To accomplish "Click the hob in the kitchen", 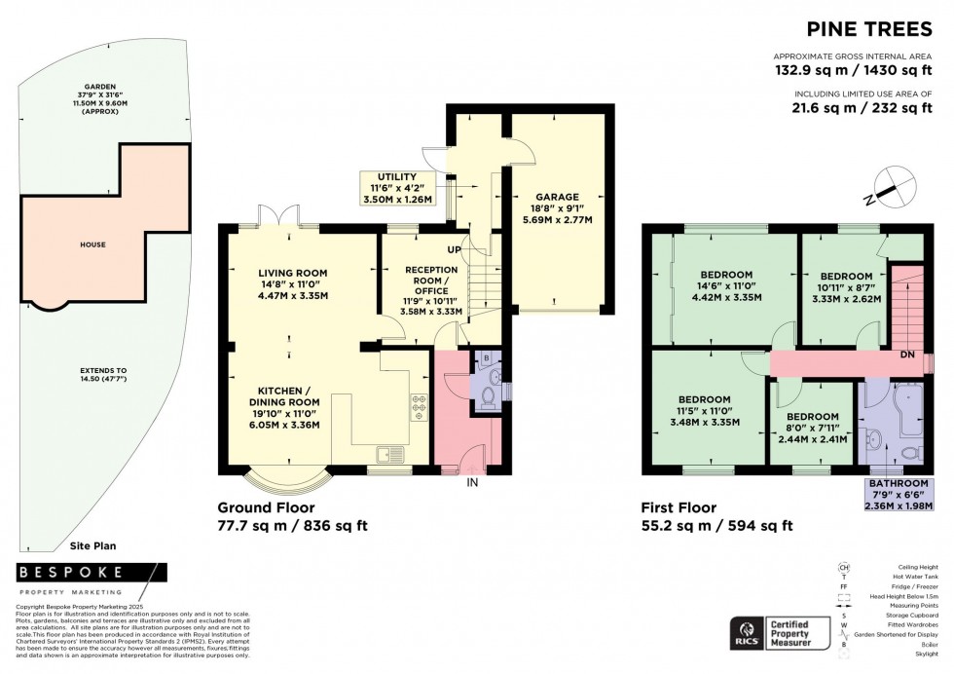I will tap(420, 404).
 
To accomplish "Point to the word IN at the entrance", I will tap(472, 482).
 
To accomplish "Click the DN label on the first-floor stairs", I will tap(906, 354).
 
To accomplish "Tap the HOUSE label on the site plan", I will tap(92, 244).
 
